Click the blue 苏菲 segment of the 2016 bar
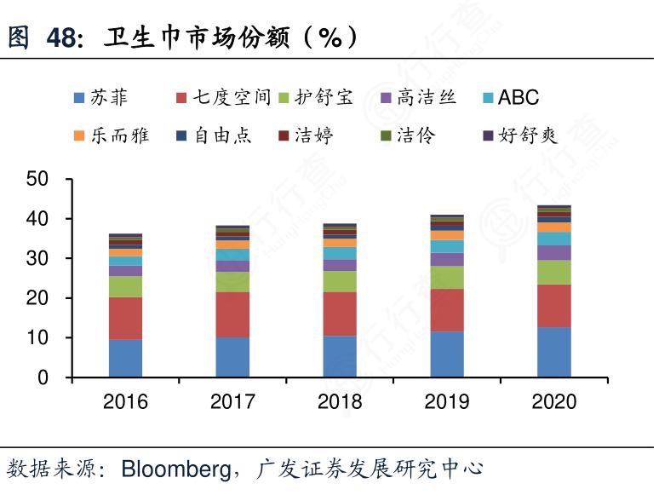[x=125, y=358]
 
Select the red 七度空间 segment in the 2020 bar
[x=553, y=305]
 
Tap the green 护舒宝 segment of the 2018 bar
[x=340, y=281]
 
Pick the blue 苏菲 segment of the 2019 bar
[x=447, y=354]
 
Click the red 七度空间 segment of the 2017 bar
[x=232, y=314]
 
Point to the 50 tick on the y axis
[x=37, y=179]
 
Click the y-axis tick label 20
[x=37, y=298]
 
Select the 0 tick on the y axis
[x=43, y=377]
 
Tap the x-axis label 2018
[x=340, y=401]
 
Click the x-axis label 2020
[x=553, y=401]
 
